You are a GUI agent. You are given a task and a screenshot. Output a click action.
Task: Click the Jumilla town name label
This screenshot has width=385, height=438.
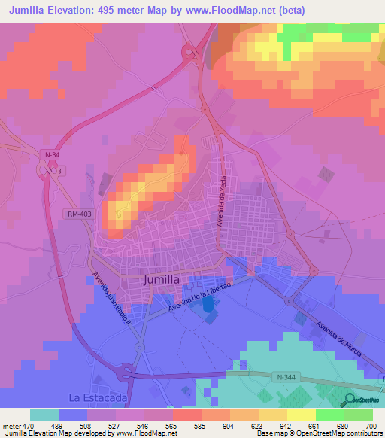[161, 279]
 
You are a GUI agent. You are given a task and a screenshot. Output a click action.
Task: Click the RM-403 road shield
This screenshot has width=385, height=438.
[77, 214]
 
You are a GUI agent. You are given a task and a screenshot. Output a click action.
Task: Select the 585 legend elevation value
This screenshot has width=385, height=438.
[202, 425]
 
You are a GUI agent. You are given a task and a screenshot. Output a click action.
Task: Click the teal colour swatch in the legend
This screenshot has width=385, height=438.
[44, 415]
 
